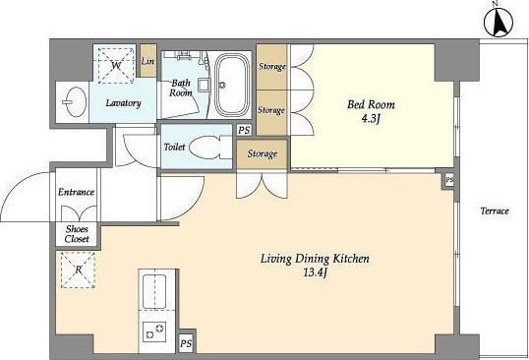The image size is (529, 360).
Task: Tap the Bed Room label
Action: click(x=371, y=104)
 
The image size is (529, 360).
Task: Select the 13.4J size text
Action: click(x=316, y=273)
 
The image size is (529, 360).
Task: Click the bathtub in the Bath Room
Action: click(x=232, y=85)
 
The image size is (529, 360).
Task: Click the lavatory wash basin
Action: click(x=74, y=102)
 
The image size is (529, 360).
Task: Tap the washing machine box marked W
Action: click(x=116, y=65)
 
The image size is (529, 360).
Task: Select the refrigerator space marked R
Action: click(x=78, y=270)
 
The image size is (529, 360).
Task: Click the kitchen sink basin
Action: click(x=154, y=291)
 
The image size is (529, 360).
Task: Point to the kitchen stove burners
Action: click(x=154, y=331)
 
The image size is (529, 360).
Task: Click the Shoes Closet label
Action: click(x=77, y=234)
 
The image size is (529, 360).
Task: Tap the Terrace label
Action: click(x=495, y=211)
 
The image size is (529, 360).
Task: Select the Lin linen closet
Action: click(x=148, y=61)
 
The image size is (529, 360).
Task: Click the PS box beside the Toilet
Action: click(x=244, y=130)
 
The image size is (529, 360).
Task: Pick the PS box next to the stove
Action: click(x=186, y=343)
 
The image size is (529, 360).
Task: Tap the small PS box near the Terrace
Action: click(x=449, y=181)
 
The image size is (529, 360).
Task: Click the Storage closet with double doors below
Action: click(x=263, y=154)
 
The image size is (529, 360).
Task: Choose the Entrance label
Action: click(x=76, y=193)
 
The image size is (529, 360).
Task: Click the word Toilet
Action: click(x=174, y=147)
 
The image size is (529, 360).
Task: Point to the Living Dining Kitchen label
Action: click(x=315, y=259)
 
